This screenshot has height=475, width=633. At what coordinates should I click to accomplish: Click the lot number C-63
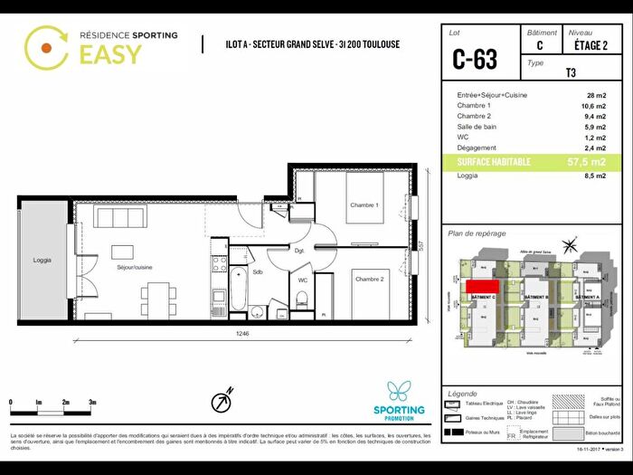coord(475,60)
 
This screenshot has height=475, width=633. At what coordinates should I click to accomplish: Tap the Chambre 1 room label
coord(364,205)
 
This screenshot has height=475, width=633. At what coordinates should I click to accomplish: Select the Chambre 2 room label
coord(368,280)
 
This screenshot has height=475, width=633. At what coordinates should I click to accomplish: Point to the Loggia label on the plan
coord(43,261)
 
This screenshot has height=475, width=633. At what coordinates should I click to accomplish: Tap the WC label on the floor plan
coord(303,280)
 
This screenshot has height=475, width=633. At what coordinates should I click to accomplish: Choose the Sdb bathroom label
coord(258,271)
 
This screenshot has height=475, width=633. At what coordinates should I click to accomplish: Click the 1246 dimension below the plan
coord(242,334)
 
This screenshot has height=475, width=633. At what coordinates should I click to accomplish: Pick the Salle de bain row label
coord(478,127)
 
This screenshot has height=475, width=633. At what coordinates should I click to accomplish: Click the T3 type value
coord(571,75)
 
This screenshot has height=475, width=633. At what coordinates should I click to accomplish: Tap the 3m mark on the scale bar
coord(93,401)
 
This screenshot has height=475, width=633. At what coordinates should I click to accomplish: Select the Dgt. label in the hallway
coord(298,250)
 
